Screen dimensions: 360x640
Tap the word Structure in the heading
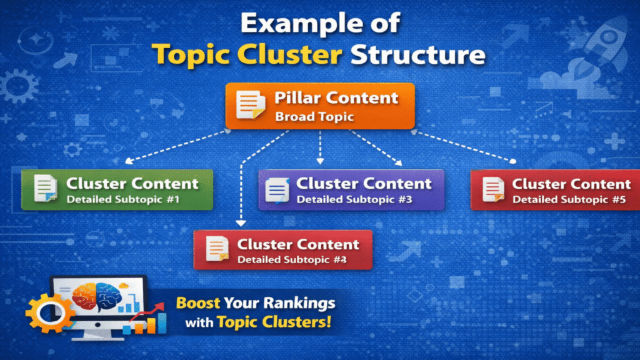click(417, 54)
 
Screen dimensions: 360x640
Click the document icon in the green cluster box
click(46, 189)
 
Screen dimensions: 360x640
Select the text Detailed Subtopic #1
click(123, 200)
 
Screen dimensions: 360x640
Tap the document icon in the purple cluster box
click(277, 190)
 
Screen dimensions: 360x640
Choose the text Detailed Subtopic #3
click(354, 200)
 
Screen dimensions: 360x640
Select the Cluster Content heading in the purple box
click(364, 184)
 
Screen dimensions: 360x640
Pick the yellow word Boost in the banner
click(197, 304)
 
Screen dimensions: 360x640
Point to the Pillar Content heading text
click(336, 98)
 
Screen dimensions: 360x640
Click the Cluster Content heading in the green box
click(132, 184)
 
